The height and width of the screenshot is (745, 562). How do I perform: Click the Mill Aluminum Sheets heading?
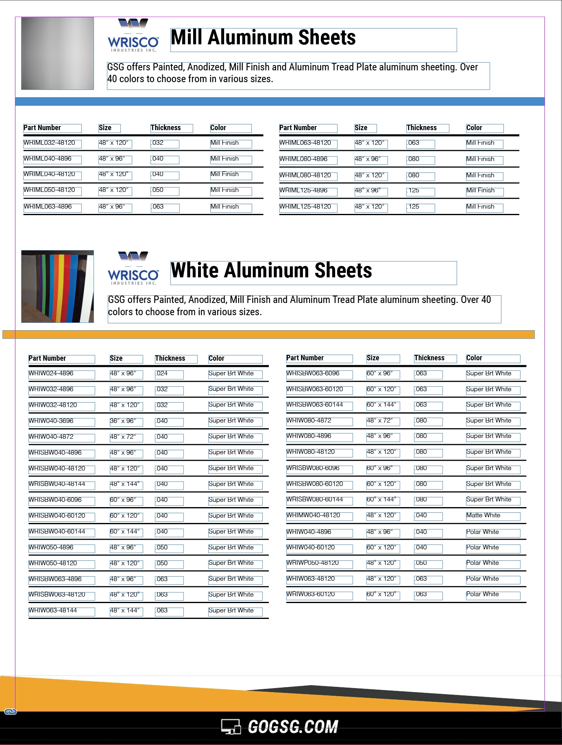pyautogui.click(x=263, y=38)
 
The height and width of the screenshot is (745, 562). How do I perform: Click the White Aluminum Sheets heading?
pyautogui.click(x=271, y=271)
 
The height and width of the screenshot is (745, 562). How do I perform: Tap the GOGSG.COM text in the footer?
pyautogui.click(x=293, y=727)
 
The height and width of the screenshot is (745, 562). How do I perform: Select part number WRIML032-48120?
pyautogui.click(x=50, y=143)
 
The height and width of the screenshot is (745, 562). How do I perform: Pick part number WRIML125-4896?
pyautogui.click(x=303, y=191)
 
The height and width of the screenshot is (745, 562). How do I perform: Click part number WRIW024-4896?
pyautogui.click(x=51, y=374)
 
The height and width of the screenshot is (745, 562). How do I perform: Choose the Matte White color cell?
pyautogui.click(x=483, y=516)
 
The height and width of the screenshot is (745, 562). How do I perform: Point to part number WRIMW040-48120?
pyautogui.click(x=313, y=516)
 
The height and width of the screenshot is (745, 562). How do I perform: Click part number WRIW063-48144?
pyautogui.click(x=53, y=611)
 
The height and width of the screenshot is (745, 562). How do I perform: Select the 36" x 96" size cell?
pyautogui.click(x=123, y=421)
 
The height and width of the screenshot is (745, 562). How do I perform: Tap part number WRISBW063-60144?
pyautogui.click(x=315, y=405)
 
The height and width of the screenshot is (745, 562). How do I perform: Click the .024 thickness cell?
pyautogui.click(x=162, y=374)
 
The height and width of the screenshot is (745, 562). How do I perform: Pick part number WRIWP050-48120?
pyautogui.click(x=312, y=563)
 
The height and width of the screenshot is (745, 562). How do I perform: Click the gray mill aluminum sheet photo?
pyautogui.click(x=57, y=53)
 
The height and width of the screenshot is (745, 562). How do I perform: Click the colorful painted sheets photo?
pyautogui.click(x=57, y=286)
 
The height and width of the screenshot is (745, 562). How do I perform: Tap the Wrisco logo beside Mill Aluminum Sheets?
pyautogui.click(x=133, y=36)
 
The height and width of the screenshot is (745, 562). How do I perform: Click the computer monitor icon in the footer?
pyautogui.click(x=231, y=727)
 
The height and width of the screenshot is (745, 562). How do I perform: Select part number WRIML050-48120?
pyautogui.click(x=50, y=190)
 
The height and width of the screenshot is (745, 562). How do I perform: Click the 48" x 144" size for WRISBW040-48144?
pyautogui.click(x=125, y=484)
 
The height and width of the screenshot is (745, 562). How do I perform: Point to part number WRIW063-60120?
pyautogui.click(x=311, y=595)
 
